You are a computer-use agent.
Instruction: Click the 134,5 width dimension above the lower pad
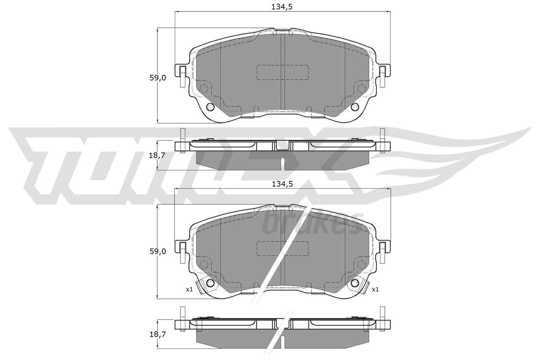click(282, 184)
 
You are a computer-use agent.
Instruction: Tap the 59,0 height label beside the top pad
click(158, 78)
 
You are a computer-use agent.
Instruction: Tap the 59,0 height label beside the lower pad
click(158, 251)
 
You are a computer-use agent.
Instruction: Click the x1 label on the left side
click(189, 289)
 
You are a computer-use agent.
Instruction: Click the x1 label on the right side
click(375, 289)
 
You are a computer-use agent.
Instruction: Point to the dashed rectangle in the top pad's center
click(282, 72)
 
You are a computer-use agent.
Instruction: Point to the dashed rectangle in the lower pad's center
click(282, 248)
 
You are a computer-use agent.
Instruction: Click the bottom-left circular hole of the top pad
click(210, 107)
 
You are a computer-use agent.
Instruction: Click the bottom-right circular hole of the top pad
click(354, 107)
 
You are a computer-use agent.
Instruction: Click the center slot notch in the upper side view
click(283, 145)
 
